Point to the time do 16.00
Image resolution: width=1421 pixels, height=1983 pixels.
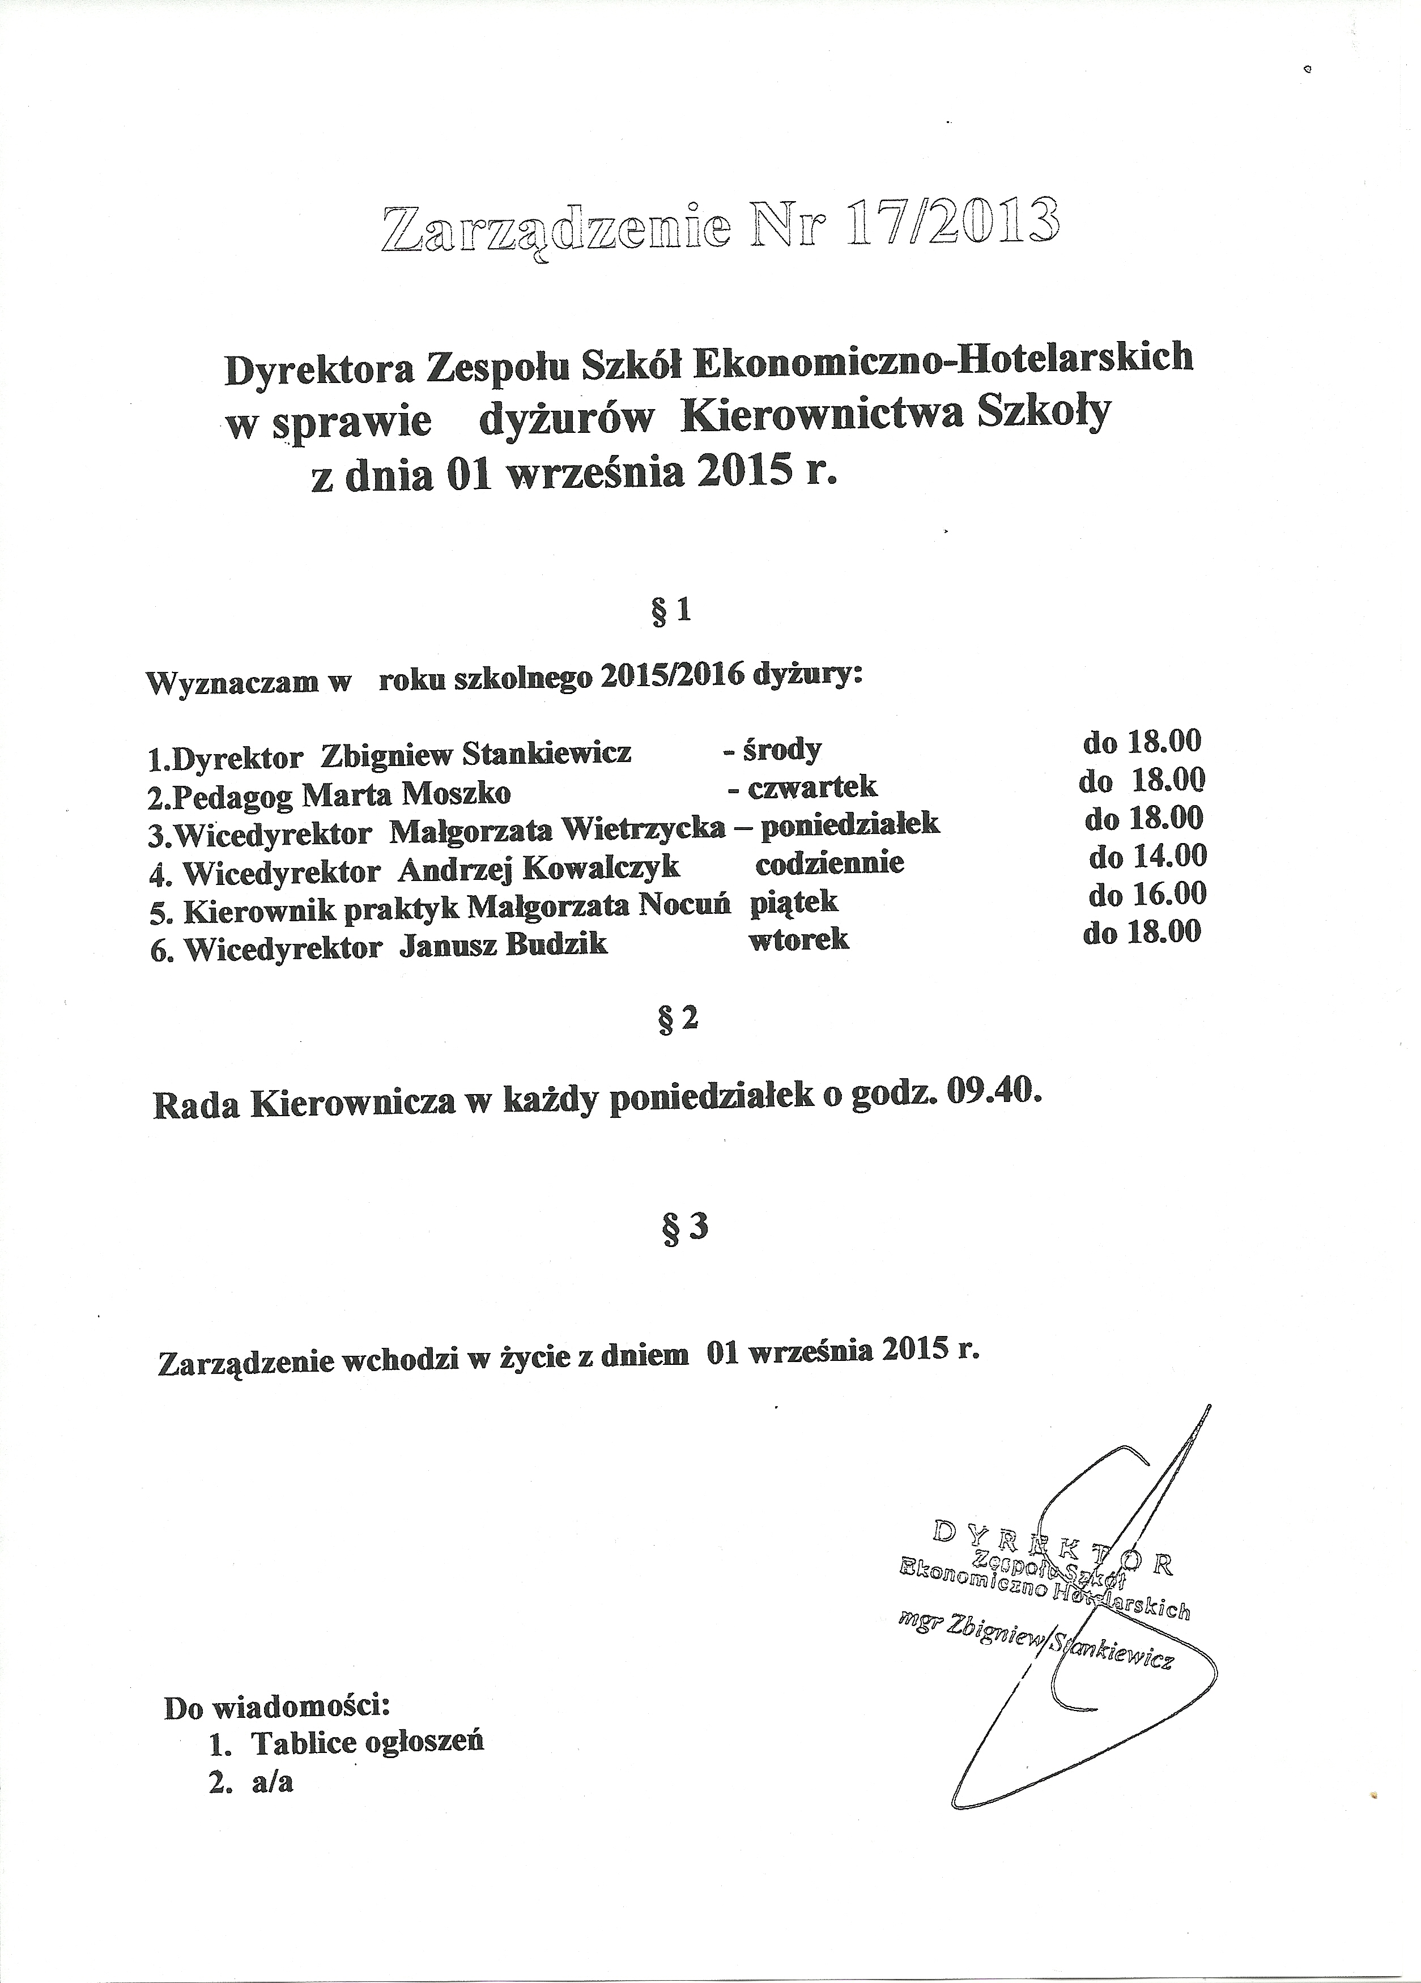click(1147, 893)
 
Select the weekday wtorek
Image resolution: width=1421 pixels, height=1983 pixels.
click(798, 939)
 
